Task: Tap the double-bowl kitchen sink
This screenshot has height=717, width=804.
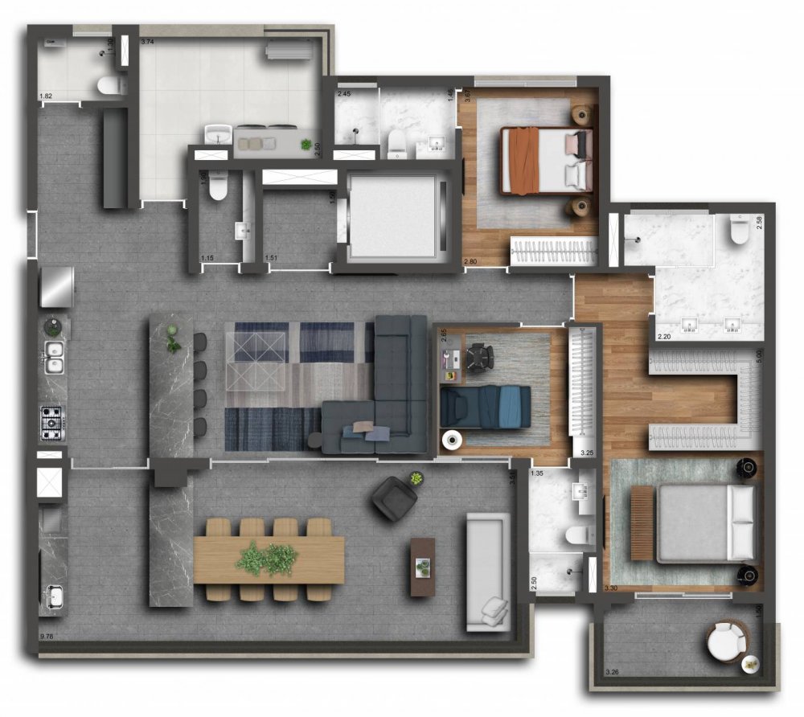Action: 54,357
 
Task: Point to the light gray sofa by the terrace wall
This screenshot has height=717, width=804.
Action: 486,572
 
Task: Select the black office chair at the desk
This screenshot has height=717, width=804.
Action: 480,357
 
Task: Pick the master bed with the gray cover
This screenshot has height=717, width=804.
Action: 695,523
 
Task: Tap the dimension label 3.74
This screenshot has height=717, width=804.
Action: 148,41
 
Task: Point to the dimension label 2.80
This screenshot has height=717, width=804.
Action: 471,261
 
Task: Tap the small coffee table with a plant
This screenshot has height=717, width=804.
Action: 422,566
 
